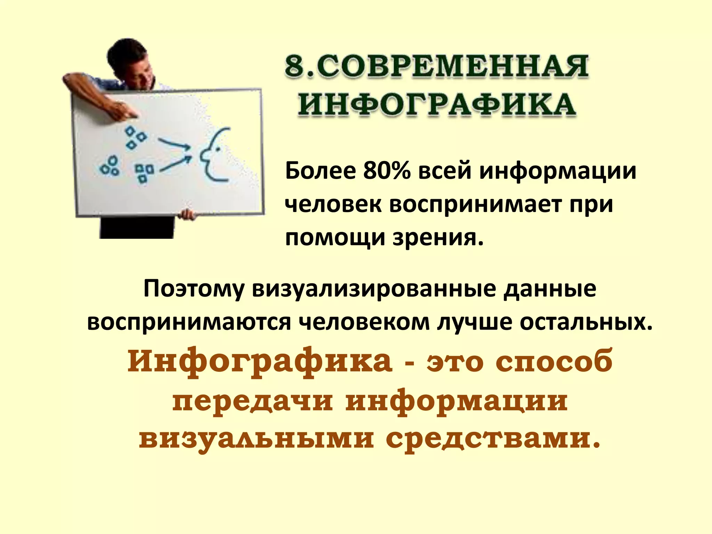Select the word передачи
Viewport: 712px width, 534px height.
point(252,402)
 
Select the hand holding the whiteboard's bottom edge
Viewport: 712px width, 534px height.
point(187,214)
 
